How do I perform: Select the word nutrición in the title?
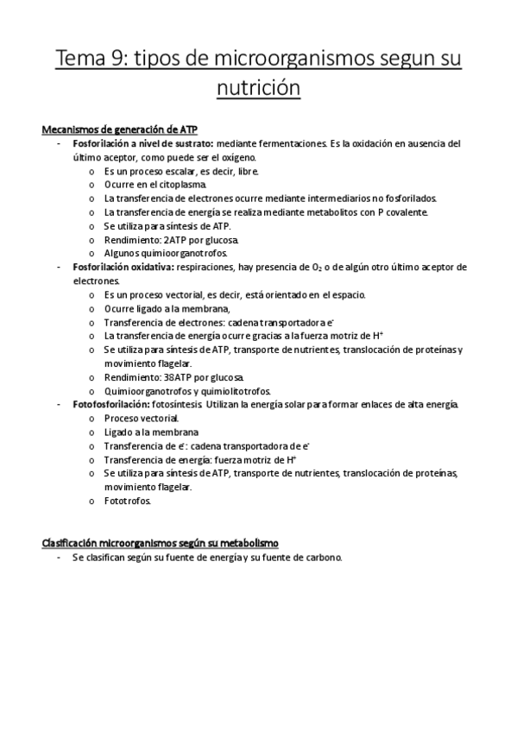tap(258, 88)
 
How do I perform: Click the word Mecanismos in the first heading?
tap(70, 130)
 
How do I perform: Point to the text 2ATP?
tap(173, 239)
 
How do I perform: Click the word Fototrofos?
tap(127, 501)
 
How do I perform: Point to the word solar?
tap(284, 404)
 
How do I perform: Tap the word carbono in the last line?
tap(321, 558)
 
